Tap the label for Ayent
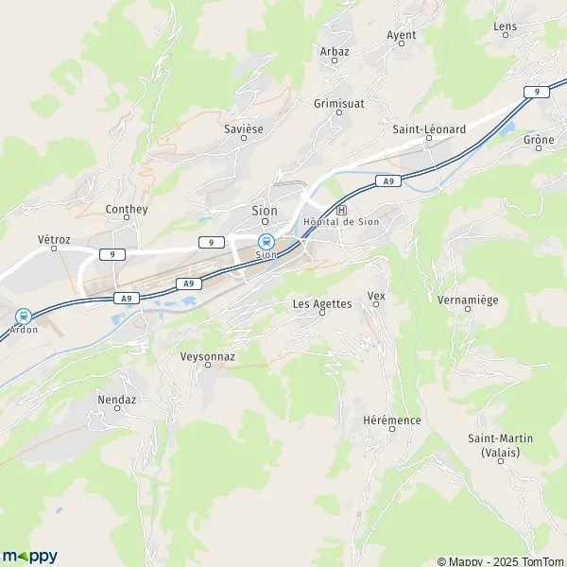[402, 35]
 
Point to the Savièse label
[244, 127]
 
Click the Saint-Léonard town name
[429, 129]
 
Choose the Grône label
[539, 140]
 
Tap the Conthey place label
[127, 209]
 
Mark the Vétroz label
[55, 241]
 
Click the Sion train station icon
[266, 240]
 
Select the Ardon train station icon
[22, 317]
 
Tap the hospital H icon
[342, 210]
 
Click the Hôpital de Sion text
[341, 222]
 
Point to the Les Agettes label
[322, 303]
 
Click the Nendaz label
[117, 400]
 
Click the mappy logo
[29, 556]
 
